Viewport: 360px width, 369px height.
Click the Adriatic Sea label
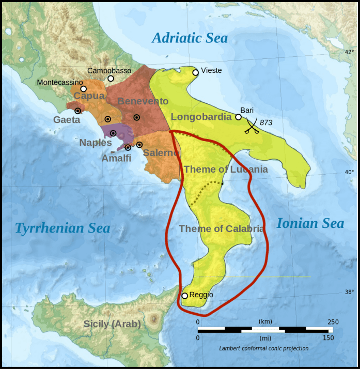[x=190, y=38]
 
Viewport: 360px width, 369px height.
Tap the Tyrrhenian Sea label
[x=62, y=228]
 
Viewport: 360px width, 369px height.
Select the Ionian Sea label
[x=310, y=223]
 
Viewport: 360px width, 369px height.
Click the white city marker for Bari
[x=239, y=117]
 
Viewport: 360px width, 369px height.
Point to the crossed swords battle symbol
[x=251, y=125]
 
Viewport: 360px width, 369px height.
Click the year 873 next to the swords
[x=266, y=122]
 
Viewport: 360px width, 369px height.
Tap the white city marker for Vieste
[x=195, y=72]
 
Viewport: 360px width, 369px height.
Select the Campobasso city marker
[x=111, y=79]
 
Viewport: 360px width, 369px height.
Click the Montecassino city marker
[x=83, y=89]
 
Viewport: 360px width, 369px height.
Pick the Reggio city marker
[x=184, y=296]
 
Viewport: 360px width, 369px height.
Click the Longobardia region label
[x=201, y=117]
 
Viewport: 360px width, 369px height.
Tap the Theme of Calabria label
[x=222, y=228]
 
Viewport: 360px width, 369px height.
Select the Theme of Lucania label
[x=226, y=169]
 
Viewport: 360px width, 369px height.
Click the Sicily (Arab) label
[x=112, y=325]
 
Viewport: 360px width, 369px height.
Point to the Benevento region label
[x=143, y=101]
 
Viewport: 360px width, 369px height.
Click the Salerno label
[x=161, y=152]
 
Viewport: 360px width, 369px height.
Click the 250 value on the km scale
[x=333, y=322]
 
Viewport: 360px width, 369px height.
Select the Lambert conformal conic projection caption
[x=263, y=348]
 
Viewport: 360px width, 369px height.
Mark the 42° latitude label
[x=350, y=52]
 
